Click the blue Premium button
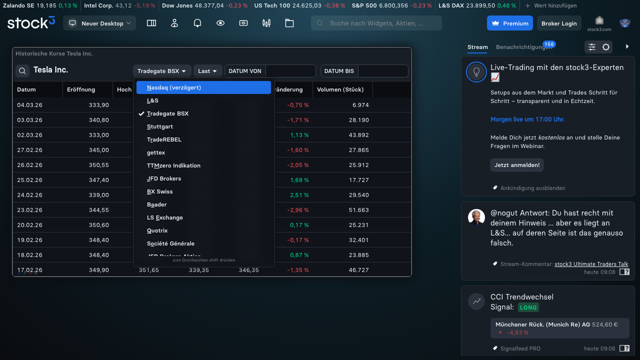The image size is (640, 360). click(x=509, y=23)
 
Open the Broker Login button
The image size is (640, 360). click(x=558, y=23)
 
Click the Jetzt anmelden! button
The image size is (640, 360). click(x=516, y=165)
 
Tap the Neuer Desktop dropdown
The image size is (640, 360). click(x=99, y=23)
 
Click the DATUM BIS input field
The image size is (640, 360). click(x=382, y=71)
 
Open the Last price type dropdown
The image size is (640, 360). click(x=207, y=71)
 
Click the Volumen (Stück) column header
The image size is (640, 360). click(x=340, y=89)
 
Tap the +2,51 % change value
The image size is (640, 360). click(x=299, y=195)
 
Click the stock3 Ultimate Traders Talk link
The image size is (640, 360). click(x=591, y=264)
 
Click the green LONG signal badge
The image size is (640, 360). click(x=528, y=307)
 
